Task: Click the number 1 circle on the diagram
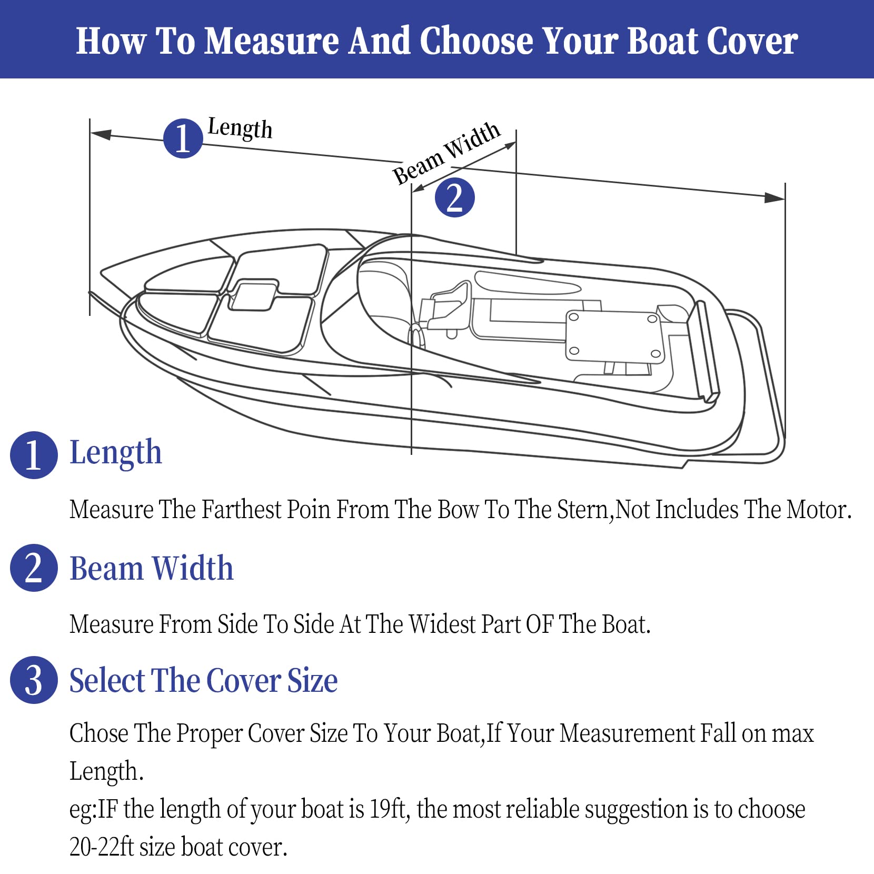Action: point(183,138)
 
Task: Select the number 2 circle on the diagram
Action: point(455,197)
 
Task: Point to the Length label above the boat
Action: point(240,128)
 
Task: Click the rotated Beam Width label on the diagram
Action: point(446,153)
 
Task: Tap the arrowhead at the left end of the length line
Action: point(101,134)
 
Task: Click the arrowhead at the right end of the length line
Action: point(774,197)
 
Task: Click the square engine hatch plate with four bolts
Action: point(615,336)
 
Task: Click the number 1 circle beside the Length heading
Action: point(34,455)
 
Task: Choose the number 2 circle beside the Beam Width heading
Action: point(34,568)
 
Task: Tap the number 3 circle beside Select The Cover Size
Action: point(34,680)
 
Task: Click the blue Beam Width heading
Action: point(152,568)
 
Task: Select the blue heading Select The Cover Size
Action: point(204,680)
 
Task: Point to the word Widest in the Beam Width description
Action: point(442,624)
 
